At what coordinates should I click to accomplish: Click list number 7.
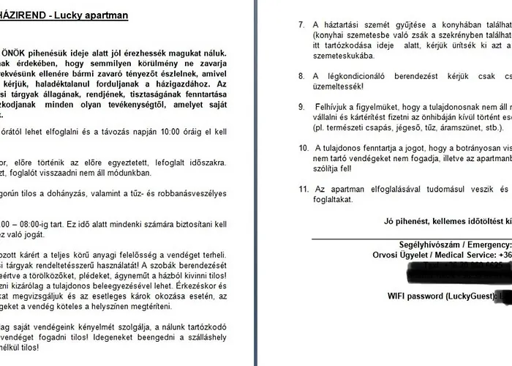(302, 24)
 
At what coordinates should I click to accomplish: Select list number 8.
(302, 75)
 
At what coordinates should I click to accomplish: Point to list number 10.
(303, 147)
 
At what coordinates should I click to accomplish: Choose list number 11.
(303, 188)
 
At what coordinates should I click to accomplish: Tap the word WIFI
(399, 295)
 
